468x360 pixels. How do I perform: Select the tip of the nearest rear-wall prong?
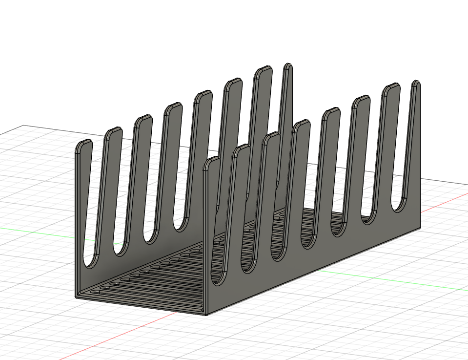(x=83, y=144)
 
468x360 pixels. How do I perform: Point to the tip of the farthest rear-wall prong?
(x=287, y=66)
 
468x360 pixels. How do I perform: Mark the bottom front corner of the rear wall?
(x=76, y=296)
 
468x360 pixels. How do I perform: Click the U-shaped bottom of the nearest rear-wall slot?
(x=90, y=264)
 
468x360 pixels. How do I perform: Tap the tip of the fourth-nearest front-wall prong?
(x=302, y=124)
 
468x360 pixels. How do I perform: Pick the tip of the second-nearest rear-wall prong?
(x=113, y=132)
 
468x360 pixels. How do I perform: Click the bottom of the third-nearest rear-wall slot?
(x=151, y=239)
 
